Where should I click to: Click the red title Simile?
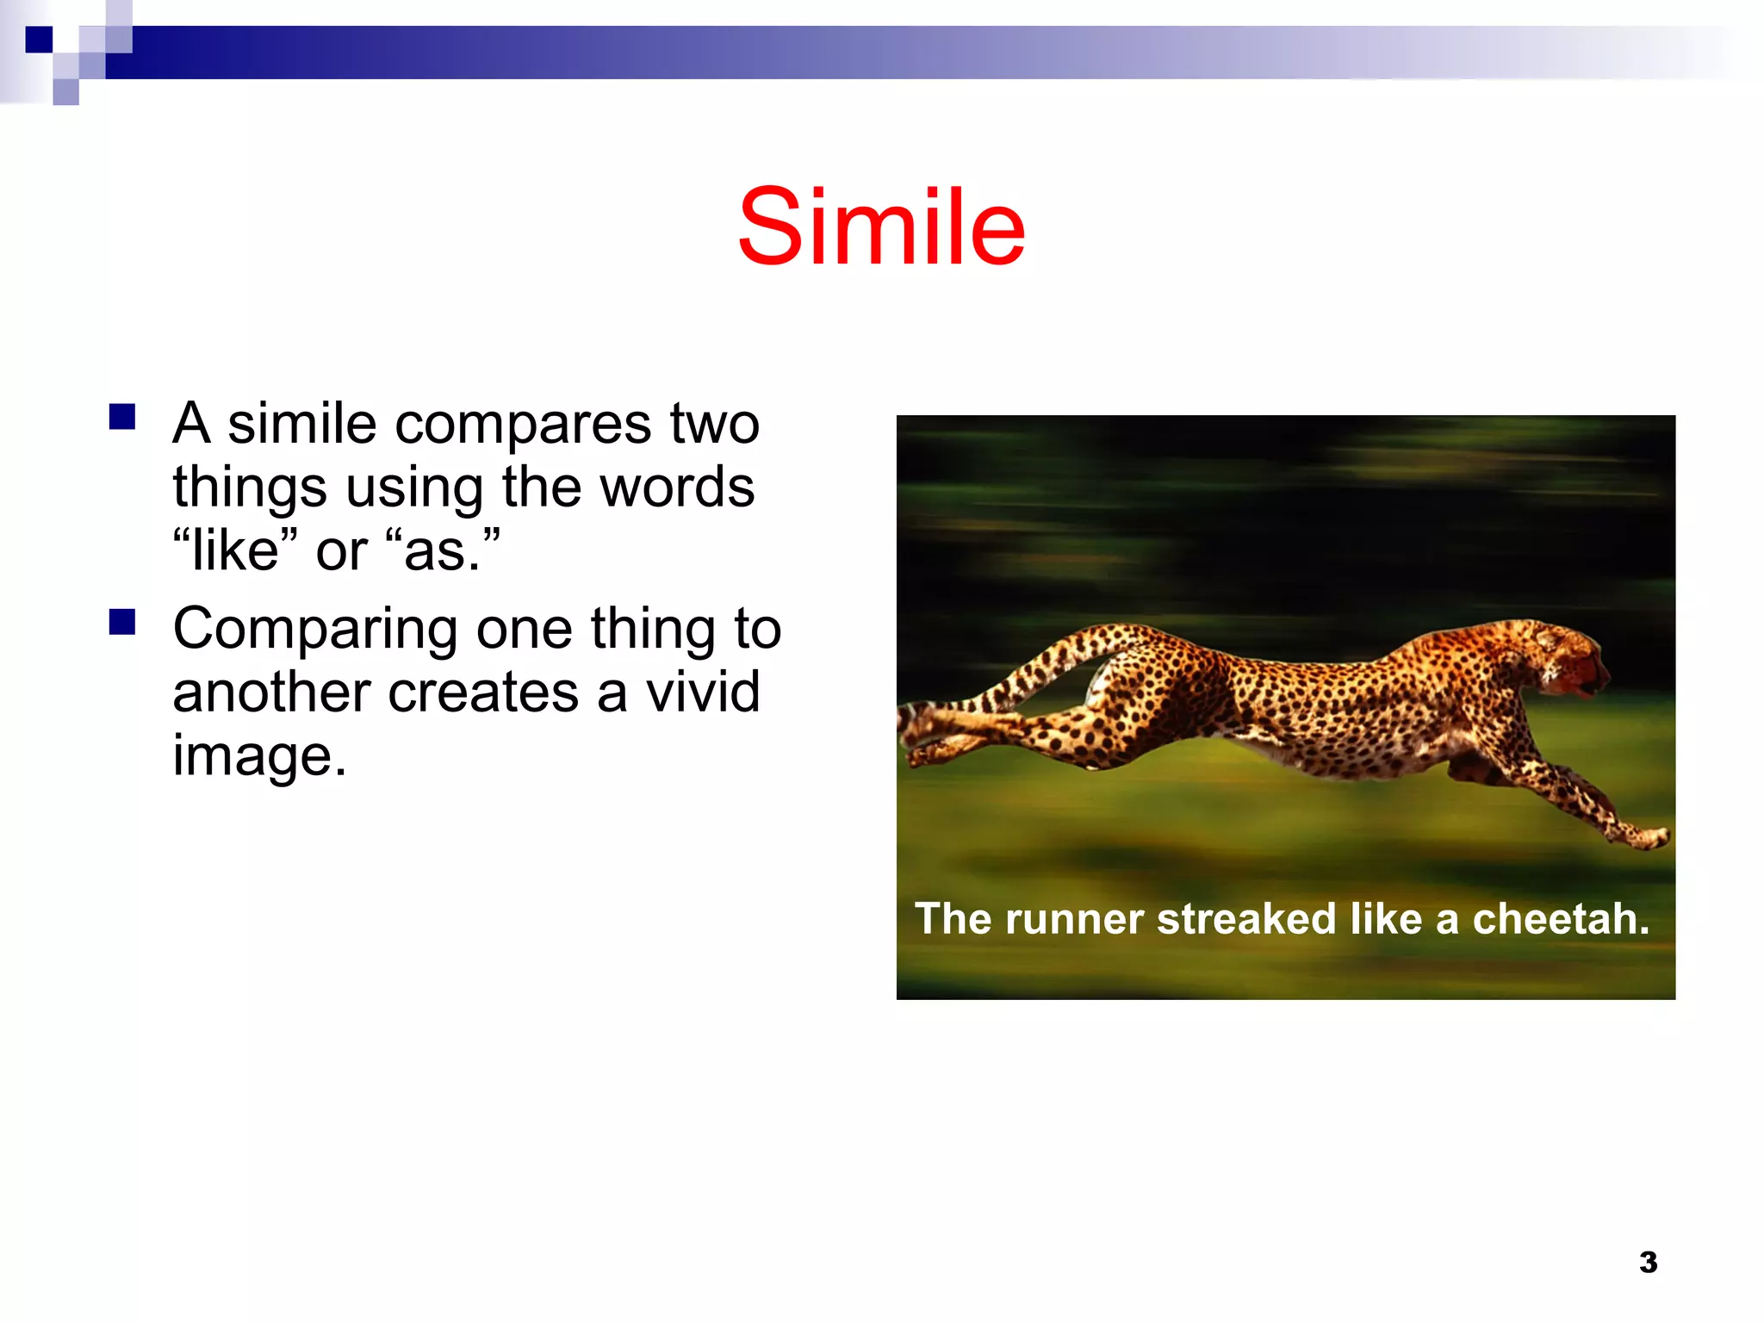pyautogui.click(x=881, y=227)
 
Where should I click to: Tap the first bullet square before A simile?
pyautogui.click(x=122, y=417)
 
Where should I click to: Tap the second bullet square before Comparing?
pyautogui.click(x=122, y=622)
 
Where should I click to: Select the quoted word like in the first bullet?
pyautogui.click(x=234, y=551)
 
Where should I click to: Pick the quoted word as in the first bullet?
pyautogui.click(x=442, y=551)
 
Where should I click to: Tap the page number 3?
pyautogui.click(x=1648, y=1263)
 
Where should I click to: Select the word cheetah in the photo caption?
pyautogui.click(x=1561, y=919)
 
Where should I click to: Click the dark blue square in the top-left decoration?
pyautogui.click(x=39, y=40)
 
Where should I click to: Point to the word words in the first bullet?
pyautogui.click(x=677, y=488)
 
